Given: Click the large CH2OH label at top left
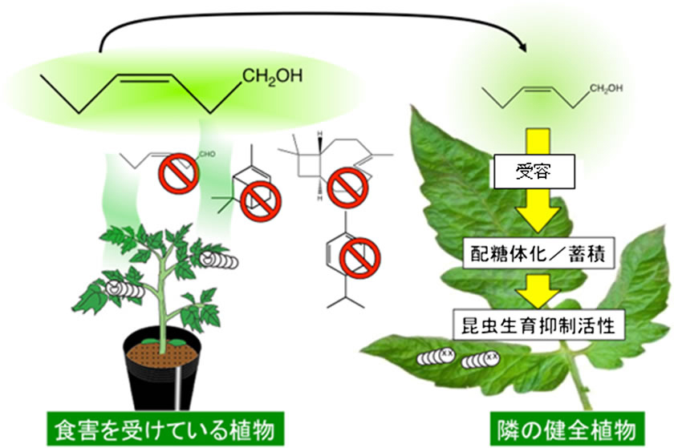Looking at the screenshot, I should pos(274,79).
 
